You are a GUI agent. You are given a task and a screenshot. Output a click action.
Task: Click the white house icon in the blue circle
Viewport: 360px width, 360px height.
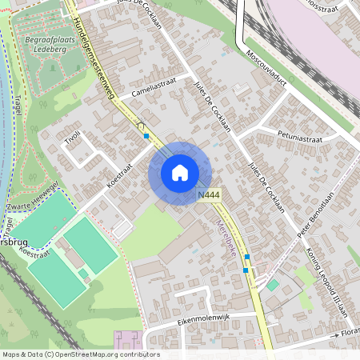click(x=180, y=173)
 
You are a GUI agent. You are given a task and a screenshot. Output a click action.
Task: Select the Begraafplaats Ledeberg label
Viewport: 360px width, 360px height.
click(x=54, y=40)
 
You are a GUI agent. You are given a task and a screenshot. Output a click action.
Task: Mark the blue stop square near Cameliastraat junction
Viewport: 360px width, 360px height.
click(x=146, y=137)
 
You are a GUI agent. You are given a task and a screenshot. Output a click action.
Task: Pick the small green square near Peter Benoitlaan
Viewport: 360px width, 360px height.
click(x=274, y=284)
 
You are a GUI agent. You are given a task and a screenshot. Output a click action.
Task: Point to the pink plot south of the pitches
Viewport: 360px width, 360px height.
click(x=126, y=340)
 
